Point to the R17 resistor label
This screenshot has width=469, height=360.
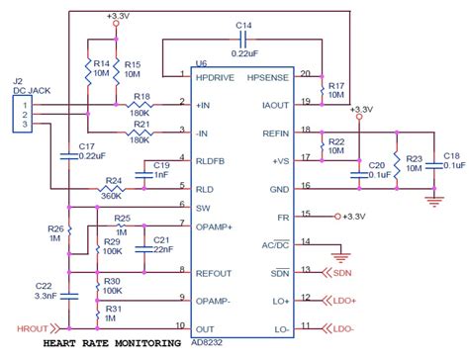pos(336,85)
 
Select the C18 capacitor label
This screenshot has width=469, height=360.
pos(451,156)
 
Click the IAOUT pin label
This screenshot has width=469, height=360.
pos(272,102)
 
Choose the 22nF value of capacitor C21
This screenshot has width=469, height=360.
pos(163,249)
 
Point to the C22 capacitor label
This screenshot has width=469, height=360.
pos(44,286)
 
